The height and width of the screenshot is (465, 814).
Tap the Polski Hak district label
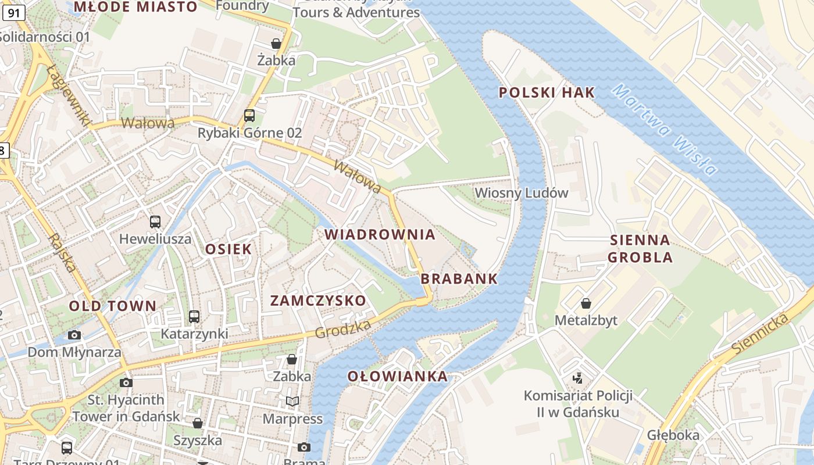tap(547, 92)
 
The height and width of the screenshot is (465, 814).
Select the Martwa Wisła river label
tap(665, 130)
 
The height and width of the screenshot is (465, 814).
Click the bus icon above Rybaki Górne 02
tap(249, 115)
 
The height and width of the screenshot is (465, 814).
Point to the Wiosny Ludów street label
tap(521, 193)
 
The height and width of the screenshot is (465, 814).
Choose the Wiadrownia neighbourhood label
tap(380, 235)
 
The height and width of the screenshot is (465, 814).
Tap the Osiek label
tap(229, 249)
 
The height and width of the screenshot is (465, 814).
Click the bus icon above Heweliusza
tap(155, 221)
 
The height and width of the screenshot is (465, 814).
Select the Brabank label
tap(459, 279)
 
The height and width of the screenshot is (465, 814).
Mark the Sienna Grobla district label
tap(640, 249)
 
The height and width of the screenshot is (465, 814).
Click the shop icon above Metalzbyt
tap(586, 303)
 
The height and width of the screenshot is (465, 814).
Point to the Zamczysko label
tap(318, 301)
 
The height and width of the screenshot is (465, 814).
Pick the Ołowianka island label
tap(398, 377)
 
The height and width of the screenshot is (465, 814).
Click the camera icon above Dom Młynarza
tap(74, 335)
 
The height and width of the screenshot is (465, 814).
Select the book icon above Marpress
tap(292, 401)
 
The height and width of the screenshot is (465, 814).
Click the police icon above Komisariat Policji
tap(578, 378)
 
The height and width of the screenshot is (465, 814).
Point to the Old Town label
tap(113, 306)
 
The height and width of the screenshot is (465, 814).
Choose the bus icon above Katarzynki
tap(194, 317)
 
